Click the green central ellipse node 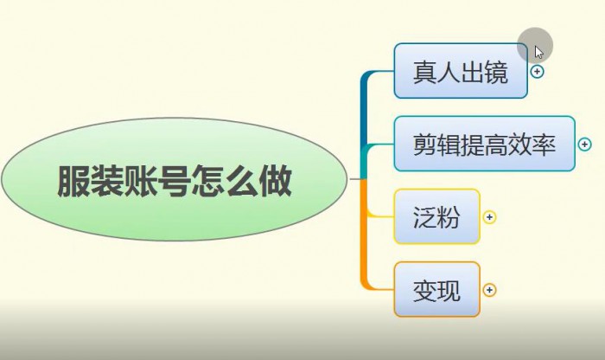click(175, 179)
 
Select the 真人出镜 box click(461, 71)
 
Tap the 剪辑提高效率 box click(485, 144)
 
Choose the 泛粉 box click(436, 216)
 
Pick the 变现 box click(436, 289)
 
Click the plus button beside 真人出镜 click(537, 72)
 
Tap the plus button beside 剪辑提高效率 click(584, 144)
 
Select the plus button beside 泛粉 click(490, 217)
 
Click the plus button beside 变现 click(490, 290)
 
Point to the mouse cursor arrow click(538, 52)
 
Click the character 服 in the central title click(73, 181)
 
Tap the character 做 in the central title click(275, 181)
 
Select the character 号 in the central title click(174, 181)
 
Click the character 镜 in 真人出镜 click(496, 72)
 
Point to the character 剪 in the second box click(425, 145)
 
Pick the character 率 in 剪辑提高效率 click(544, 145)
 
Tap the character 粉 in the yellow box click(449, 217)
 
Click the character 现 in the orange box click(449, 291)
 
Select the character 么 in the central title click(241, 181)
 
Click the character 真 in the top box click(425, 72)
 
